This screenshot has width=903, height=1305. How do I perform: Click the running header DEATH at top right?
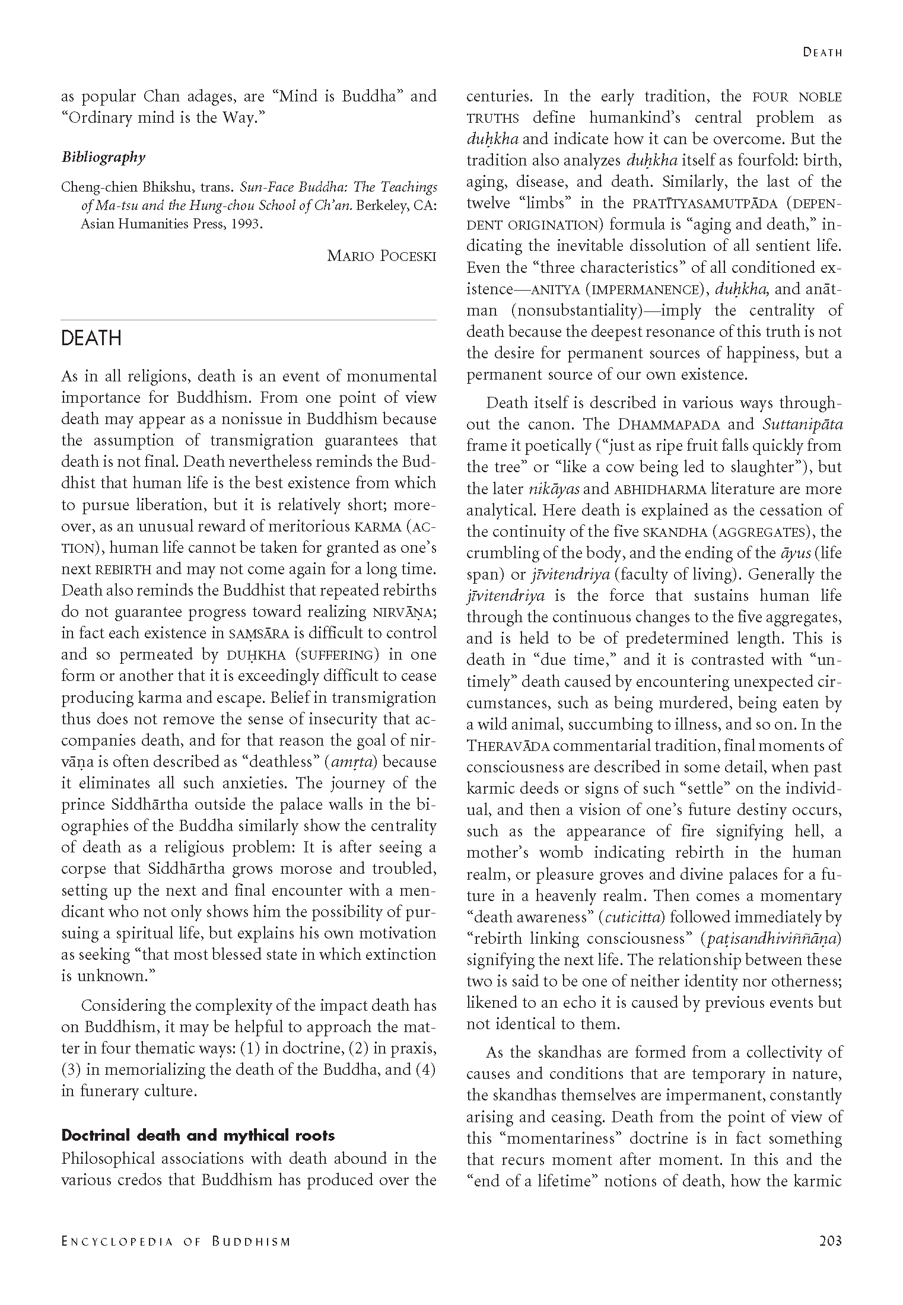822,52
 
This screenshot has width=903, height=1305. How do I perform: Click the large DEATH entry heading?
91,338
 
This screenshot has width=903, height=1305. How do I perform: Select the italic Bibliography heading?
103,157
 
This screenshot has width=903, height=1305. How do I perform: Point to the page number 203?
830,1240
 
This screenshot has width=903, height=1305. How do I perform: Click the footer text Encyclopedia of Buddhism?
176,1242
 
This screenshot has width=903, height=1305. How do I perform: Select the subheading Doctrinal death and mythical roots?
198,1135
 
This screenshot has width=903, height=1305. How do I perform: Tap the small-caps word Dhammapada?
669,425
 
